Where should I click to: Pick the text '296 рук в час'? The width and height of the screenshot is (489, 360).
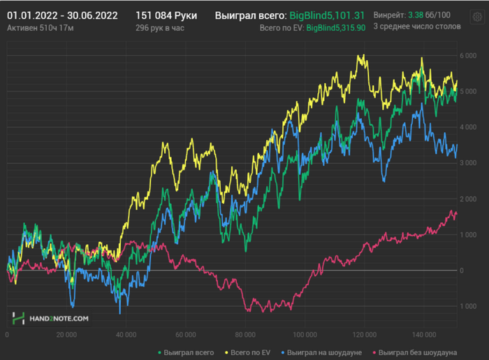click(161, 27)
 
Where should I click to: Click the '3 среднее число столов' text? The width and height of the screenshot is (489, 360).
click(417, 27)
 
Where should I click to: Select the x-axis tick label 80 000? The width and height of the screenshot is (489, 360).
click(246, 334)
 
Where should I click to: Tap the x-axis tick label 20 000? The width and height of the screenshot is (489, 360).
click(66, 334)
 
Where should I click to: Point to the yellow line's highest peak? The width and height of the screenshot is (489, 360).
click(360, 56)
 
